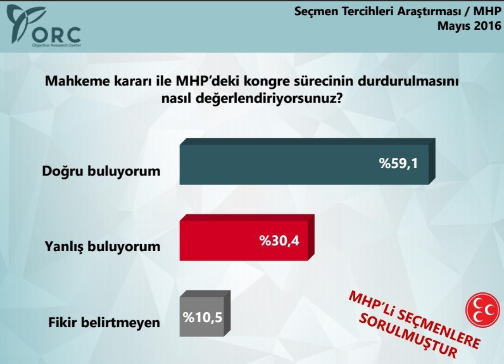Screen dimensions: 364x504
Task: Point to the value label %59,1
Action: point(400,165)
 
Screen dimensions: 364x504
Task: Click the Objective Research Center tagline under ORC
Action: point(56,45)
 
